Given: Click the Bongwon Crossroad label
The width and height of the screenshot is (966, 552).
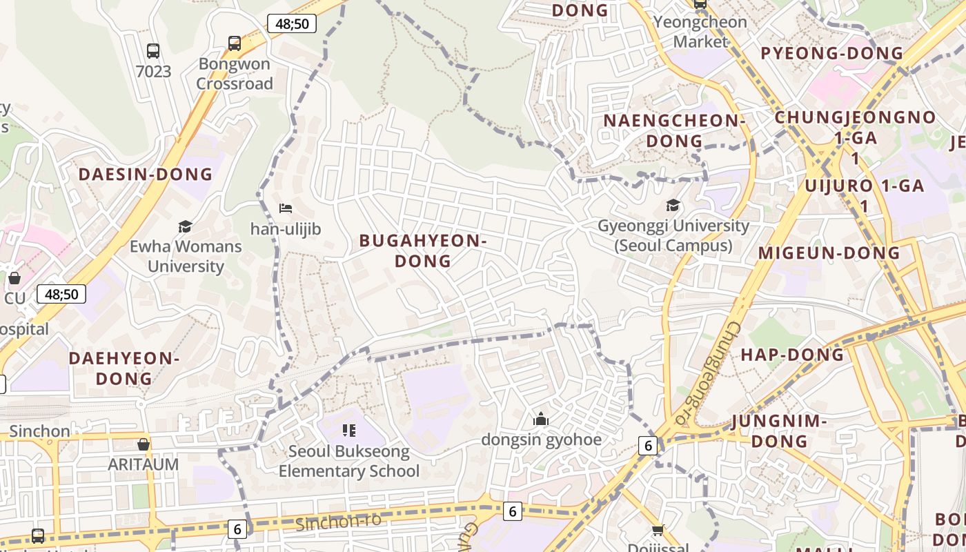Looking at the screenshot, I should click(x=235, y=74).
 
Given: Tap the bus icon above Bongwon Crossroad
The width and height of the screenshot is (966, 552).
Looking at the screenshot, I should click(x=235, y=43).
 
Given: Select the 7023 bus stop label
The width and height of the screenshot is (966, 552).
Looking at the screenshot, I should click(x=153, y=71).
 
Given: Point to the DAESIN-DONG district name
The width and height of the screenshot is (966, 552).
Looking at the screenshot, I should click(x=146, y=174).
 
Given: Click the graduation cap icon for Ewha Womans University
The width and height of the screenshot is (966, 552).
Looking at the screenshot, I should click(x=185, y=226).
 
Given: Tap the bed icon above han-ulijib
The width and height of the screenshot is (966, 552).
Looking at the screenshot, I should click(x=286, y=208).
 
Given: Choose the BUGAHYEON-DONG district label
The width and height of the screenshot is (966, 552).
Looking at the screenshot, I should click(x=423, y=250).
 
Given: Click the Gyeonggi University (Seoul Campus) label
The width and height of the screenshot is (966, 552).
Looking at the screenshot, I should click(x=673, y=235).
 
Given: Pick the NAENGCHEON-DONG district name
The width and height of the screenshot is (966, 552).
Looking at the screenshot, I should click(x=674, y=130).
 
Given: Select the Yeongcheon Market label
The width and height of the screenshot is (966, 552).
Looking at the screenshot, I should click(x=700, y=32).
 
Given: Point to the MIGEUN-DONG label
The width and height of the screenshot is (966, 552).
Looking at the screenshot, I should click(x=829, y=253).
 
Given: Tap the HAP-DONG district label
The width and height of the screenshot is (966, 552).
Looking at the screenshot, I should click(x=792, y=355).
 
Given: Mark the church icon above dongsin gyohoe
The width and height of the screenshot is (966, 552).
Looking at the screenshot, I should click(x=541, y=419).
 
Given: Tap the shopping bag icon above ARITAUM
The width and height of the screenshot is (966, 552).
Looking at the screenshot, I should click(x=144, y=444).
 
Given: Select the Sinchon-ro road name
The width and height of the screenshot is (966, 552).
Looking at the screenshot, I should click(x=338, y=522).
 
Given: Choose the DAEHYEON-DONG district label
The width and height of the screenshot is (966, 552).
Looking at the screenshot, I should click(x=124, y=368).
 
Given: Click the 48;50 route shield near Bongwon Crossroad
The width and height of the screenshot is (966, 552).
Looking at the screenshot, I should click(x=292, y=24).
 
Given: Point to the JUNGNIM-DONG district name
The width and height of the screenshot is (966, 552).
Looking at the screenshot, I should click(x=779, y=431).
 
